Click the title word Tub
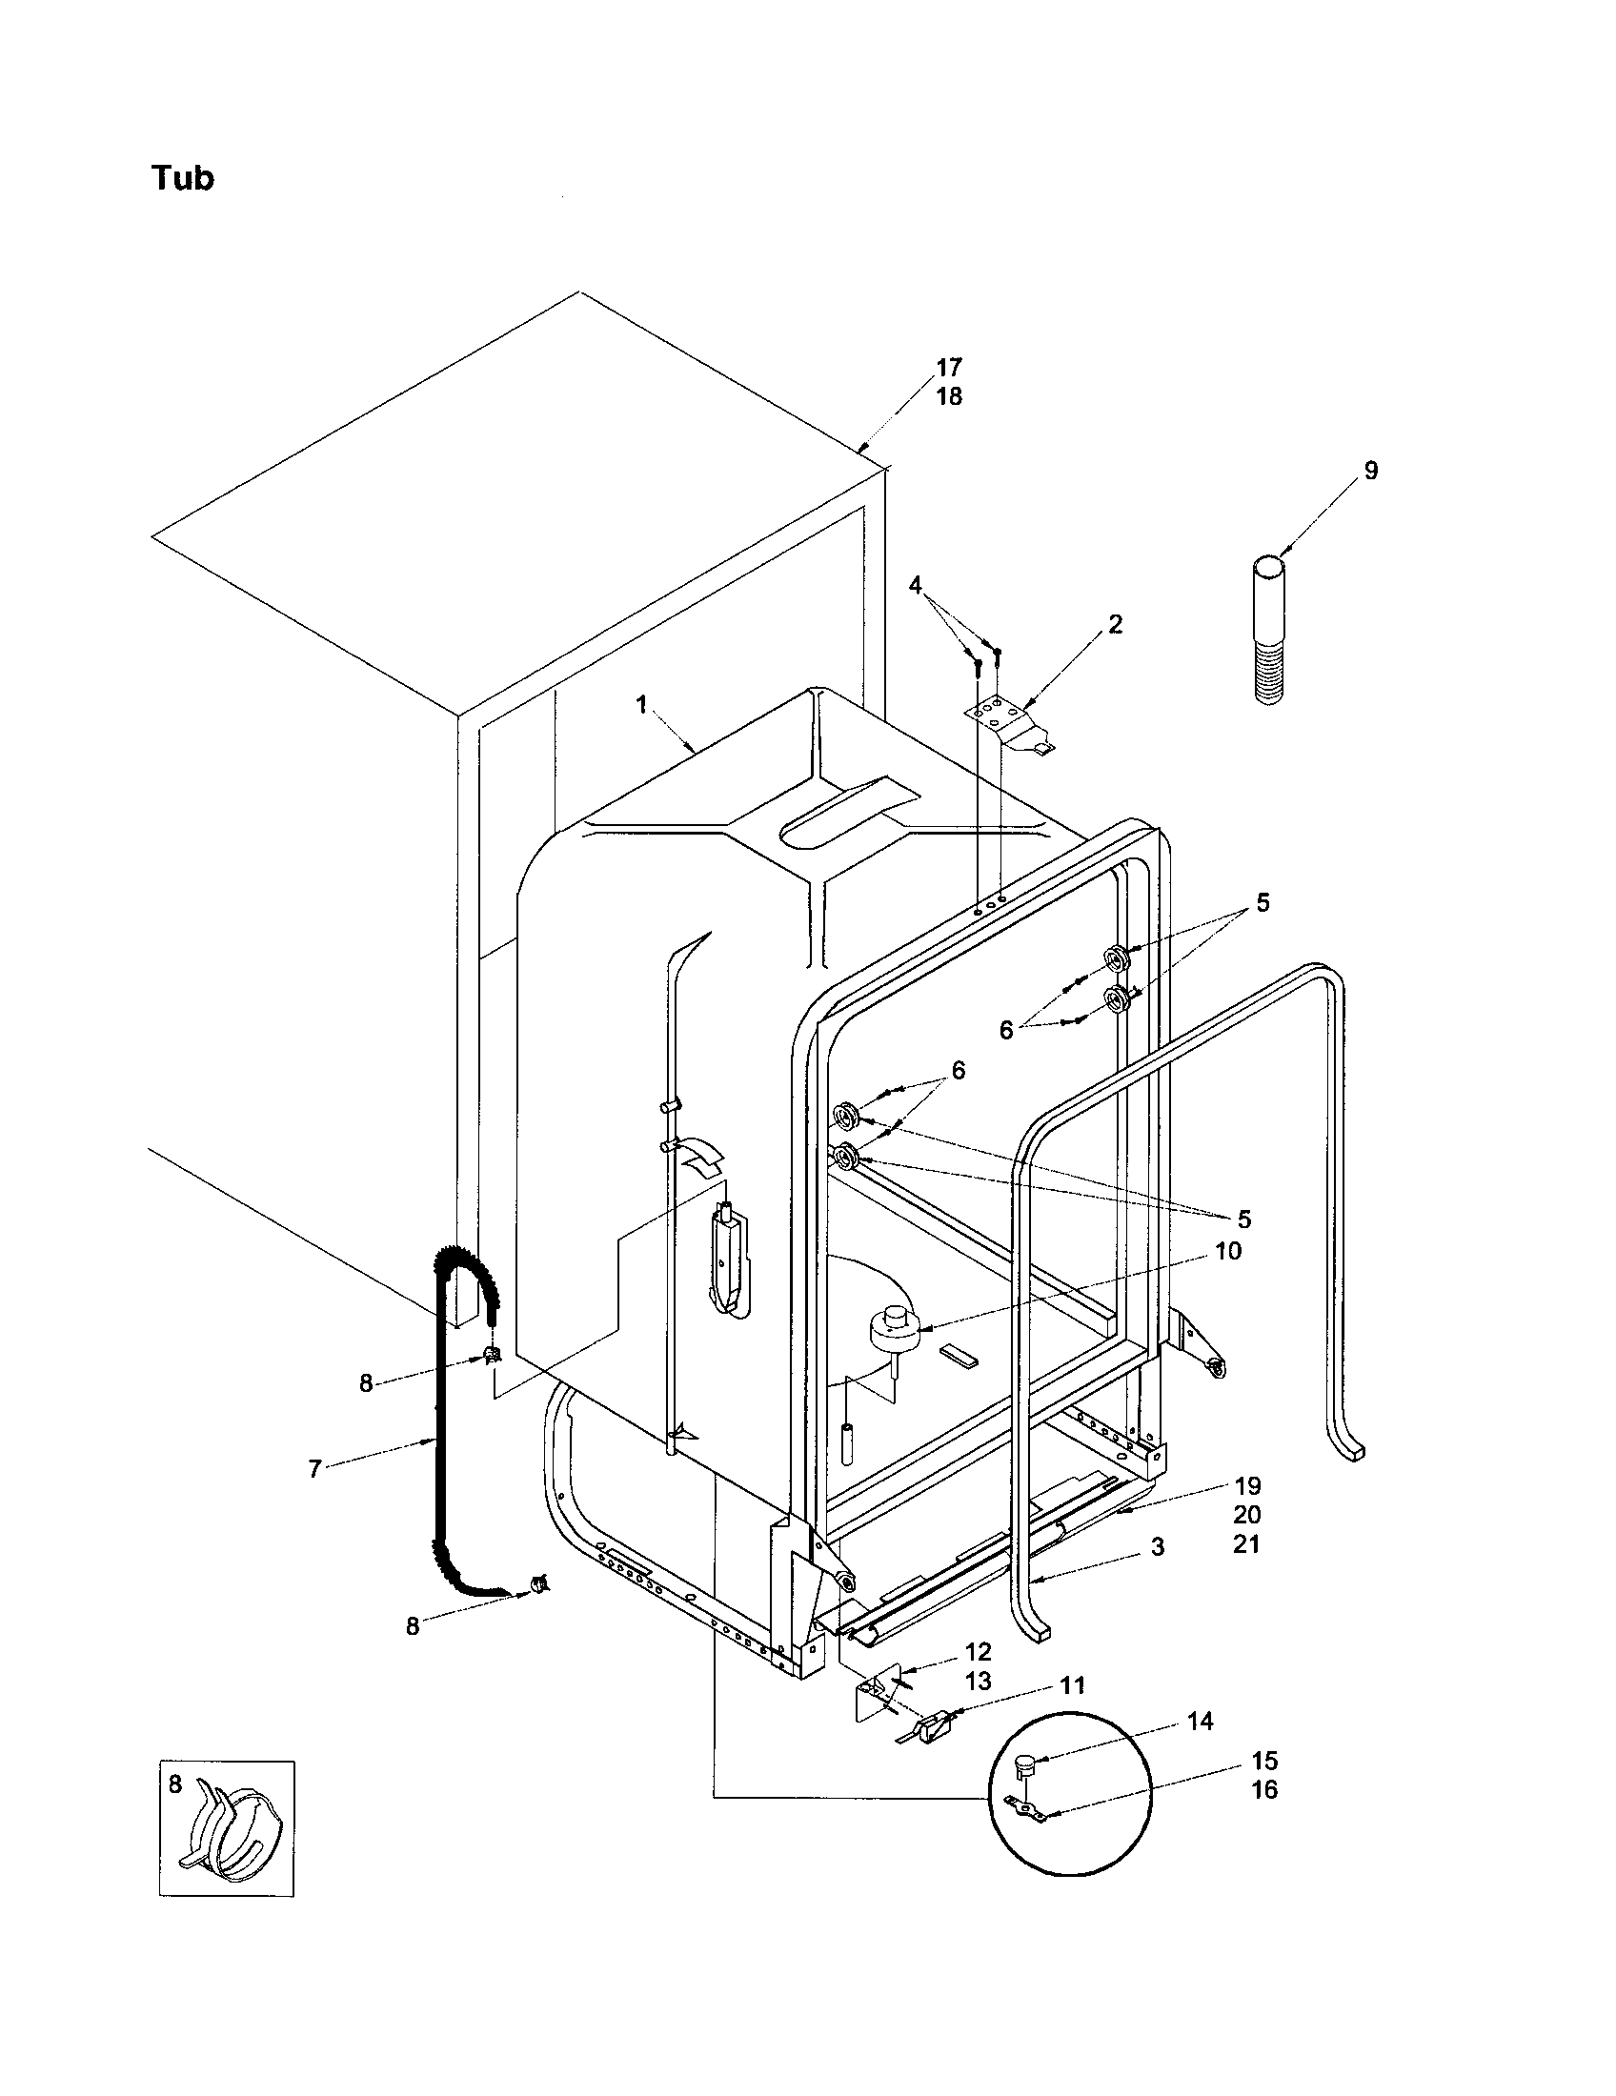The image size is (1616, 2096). point(182,178)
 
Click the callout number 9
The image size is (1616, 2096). point(1370,471)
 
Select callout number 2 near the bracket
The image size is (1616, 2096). point(1114,624)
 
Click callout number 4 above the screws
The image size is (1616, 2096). point(916,584)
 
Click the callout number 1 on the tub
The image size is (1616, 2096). point(641,704)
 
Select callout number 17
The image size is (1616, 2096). point(949,367)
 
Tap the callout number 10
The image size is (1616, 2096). point(1227,1251)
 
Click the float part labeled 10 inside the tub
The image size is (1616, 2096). point(895,1328)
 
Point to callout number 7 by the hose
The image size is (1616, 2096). point(314,1468)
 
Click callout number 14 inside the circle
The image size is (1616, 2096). point(1200,1721)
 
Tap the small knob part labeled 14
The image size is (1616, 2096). point(1027,1761)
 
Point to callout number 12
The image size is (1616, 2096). point(978,1652)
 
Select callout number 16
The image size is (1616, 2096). point(1263,1790)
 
